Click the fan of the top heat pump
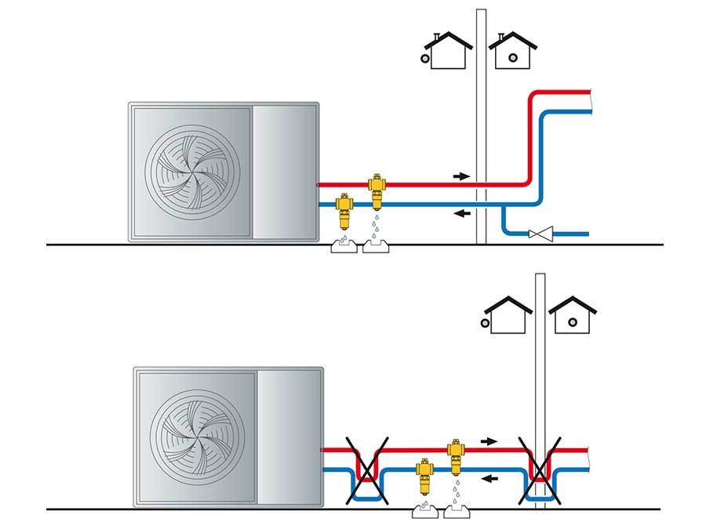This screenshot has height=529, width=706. click(191, 172)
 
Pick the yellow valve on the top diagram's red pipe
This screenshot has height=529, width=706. click(378, 190)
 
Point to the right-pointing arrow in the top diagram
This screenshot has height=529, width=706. click(461, 176)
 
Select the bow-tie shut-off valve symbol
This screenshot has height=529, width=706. click(540, 233)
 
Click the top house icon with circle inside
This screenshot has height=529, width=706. click(513, 50)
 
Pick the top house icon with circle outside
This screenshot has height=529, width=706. click(445, 50)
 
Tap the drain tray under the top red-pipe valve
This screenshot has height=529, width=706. click(378, 247)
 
